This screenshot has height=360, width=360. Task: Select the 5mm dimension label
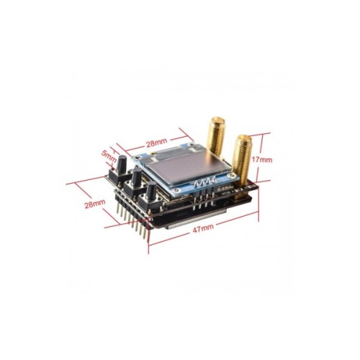click(x=109, y=153)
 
